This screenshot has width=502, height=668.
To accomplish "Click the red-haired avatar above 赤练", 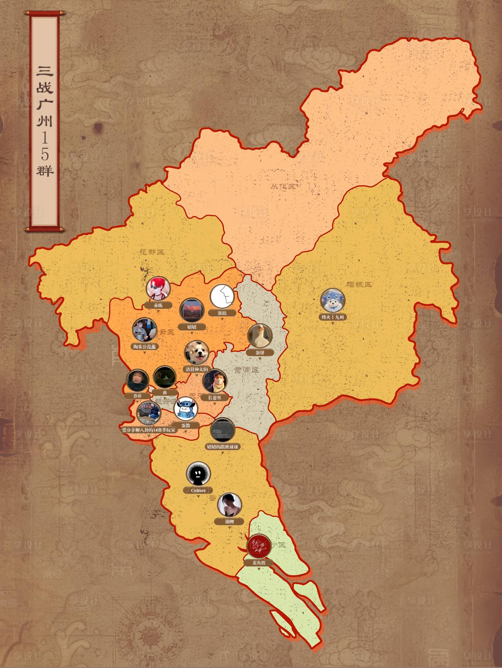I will [158, 288].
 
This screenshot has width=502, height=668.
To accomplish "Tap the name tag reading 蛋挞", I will [222, 313].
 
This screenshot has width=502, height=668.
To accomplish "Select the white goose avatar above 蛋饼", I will [260, 336].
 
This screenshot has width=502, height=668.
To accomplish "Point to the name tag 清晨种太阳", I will [197, 369].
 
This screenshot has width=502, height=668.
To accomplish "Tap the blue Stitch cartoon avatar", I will [186, 409].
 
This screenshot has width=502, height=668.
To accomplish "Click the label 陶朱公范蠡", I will [144, 347].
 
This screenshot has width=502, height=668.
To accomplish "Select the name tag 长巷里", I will [215, 398].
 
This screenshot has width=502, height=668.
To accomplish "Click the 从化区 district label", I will [283, 187].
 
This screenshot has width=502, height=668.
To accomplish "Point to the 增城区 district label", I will [359, 284].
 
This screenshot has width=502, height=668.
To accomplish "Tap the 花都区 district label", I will [152, 252].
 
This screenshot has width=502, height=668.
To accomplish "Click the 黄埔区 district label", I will [246, 370].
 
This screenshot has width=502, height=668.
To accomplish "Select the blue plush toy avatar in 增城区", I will [332, 300].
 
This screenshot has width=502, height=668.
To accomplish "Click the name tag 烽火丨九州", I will [332, 317].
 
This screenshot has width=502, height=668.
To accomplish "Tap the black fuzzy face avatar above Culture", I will [198, 474].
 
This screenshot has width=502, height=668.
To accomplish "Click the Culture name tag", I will [198, 490].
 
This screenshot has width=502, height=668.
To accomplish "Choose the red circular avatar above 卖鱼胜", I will [259, 546].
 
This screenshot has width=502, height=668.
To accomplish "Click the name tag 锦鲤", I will [229, 522].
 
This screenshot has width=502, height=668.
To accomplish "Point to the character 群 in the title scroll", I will [45, 171].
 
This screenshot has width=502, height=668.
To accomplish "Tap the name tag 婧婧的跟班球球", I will [222, 447].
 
